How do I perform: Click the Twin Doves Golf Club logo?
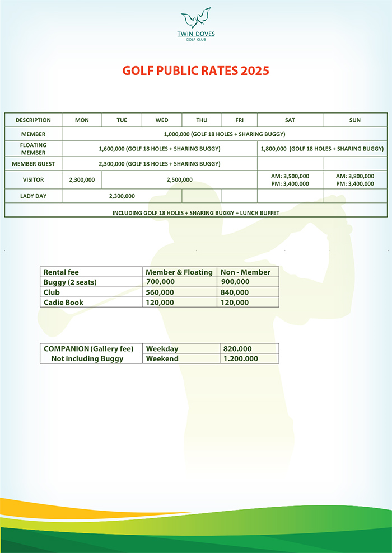(196, 25)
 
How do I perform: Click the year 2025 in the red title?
(255, 71)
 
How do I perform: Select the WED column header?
(162, 120)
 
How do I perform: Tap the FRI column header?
(239, 120)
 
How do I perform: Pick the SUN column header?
(354, 120)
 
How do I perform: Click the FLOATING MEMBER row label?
(33, 149)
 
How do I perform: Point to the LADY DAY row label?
(33, 196)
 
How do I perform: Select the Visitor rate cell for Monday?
(82, 179)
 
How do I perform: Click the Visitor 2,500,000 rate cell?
(179, 179)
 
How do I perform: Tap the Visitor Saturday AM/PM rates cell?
(290, 179)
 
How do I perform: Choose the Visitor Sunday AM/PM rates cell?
(354, 179)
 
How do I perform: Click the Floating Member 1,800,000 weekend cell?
(322, 149)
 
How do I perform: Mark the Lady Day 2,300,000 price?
(122, 196)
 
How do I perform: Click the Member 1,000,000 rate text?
(225, 134)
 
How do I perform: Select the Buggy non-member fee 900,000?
(235, 282)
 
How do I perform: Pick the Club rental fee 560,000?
(160, 292)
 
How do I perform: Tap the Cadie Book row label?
(64, 302)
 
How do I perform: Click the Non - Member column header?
(246, 272)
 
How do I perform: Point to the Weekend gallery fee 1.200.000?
(240, 358)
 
